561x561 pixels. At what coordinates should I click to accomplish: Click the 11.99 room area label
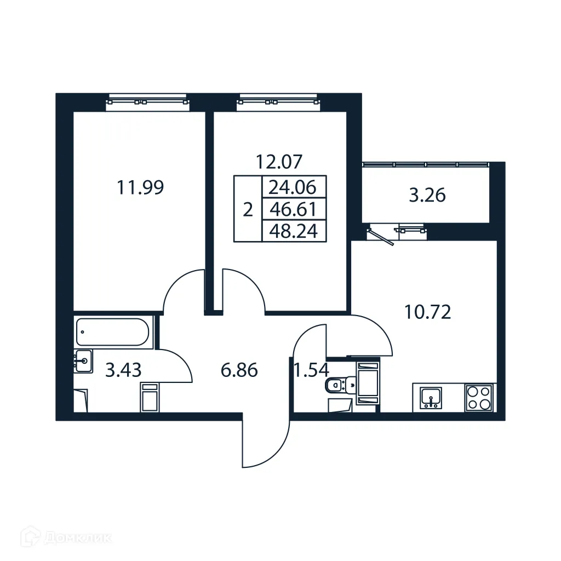pyautogui.click(x=140, y=188)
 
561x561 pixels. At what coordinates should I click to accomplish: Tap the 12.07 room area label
pyautogui.click(x=279, y=162)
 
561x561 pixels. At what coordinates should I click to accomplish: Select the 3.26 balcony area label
pyautogui.click(x=427, y=196)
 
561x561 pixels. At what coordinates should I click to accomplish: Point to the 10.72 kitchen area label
pyautogui.click(x=427, y=312)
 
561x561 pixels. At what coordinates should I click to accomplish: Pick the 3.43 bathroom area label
pyautogui.click(x=123, y=370)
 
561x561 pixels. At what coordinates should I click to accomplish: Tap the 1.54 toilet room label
pyautogui.click(x=311, y=370)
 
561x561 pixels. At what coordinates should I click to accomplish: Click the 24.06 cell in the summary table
pyautogui.click(x=293, y=188)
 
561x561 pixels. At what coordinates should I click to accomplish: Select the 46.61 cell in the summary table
pyautogui.click(x=293, y=209)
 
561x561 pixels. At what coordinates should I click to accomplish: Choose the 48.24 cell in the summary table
pyautogui.click(x=293, y=231)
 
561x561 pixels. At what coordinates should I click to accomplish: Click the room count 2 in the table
pyautogui.click(x=248, y=209)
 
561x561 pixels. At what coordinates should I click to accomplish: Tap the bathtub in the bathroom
pyautogui.click(x=113, y=332)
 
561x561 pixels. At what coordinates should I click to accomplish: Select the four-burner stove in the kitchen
pyautogui.click(x=478, y=397)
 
